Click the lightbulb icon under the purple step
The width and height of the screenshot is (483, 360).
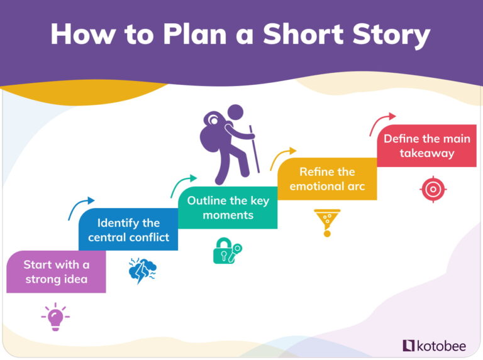click(x=55, y=317)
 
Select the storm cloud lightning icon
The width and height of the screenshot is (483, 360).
click(x=142, y=271)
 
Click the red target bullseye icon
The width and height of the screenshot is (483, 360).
click(x=433, y=188)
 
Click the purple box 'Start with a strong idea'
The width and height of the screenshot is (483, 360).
click(x=56, y=271)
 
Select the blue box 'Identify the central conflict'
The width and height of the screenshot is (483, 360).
click(x=128, y=229)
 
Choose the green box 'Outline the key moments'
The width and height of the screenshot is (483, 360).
click(x=228, y=207)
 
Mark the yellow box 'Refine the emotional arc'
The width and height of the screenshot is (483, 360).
click(x=327, y=178)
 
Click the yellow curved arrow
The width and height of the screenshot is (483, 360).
click(x=282, y=158)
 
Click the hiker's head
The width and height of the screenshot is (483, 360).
click(x=235, y=113)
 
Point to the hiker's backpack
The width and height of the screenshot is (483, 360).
click(x=210, y=133)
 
